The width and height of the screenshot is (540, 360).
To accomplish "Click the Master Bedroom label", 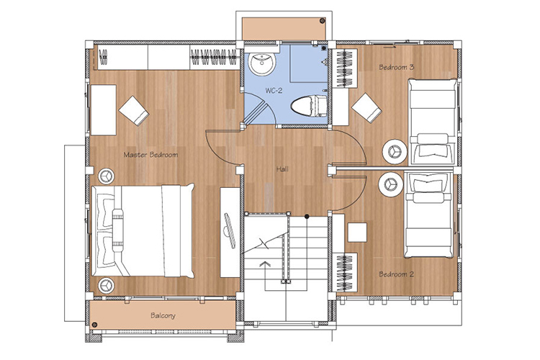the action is point(150,155).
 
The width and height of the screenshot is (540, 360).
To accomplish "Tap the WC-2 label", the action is point(274,91).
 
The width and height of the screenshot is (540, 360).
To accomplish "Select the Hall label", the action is point(282,168).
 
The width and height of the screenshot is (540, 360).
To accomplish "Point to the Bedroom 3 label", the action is point(396,67).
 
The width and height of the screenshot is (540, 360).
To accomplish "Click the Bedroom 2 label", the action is point(396,274).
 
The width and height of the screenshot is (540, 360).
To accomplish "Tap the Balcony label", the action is point(163,315).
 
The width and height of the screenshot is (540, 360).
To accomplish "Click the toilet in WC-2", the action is point(309,105).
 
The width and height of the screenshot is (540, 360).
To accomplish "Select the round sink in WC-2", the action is point(262,64).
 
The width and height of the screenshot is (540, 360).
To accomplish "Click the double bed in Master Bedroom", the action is point(143,230).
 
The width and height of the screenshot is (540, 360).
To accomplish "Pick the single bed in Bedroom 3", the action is point(433,122).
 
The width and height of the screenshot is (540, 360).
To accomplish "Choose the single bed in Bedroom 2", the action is point(429,215).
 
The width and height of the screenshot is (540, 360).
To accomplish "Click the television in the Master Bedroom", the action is point(229,230).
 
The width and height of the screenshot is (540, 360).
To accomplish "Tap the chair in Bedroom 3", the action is point(366,108).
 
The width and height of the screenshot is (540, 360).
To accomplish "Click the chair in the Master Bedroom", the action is point(134,111).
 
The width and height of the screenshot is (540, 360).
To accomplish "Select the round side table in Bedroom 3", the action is point(395,152).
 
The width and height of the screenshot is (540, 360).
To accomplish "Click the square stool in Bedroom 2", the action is point(357,233).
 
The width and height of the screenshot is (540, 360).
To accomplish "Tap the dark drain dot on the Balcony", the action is point(94,325).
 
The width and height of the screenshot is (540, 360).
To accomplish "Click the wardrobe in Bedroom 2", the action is point(346,272).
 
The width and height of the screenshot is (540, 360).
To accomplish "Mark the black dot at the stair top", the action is point(307,216).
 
